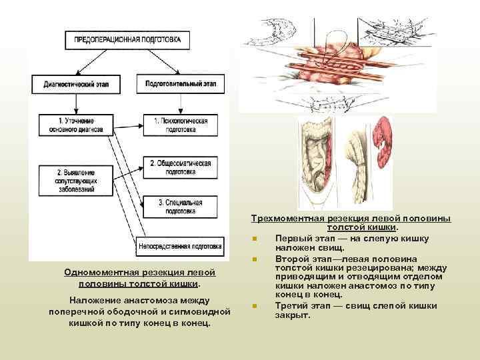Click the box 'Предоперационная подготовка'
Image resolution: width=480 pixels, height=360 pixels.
(127, 39)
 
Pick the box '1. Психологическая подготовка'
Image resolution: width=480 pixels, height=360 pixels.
(181, 125)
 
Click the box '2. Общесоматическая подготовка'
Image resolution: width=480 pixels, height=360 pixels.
(181, 167)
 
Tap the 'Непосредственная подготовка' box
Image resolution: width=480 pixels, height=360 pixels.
(179, 247)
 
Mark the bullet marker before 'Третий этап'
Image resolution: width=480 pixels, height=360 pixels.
(255, 306)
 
